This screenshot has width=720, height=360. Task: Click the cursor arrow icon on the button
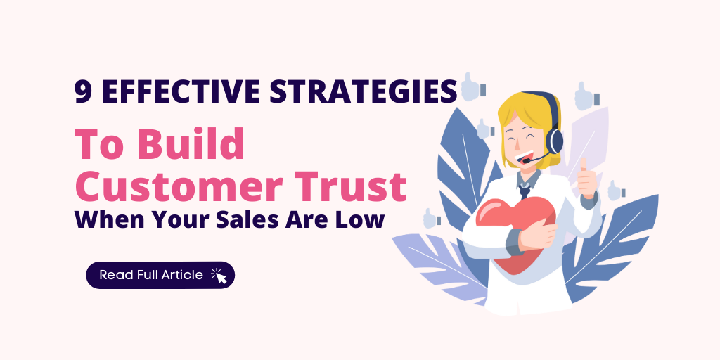coord(219,276)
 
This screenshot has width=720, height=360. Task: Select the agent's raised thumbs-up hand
coord(585,179)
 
